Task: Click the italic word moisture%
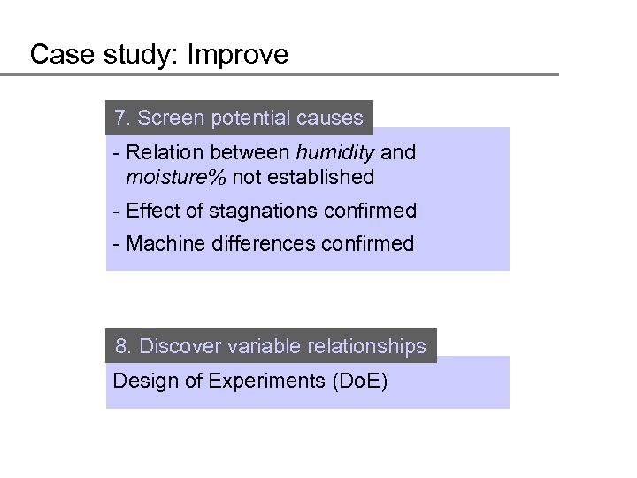coord(176,177)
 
